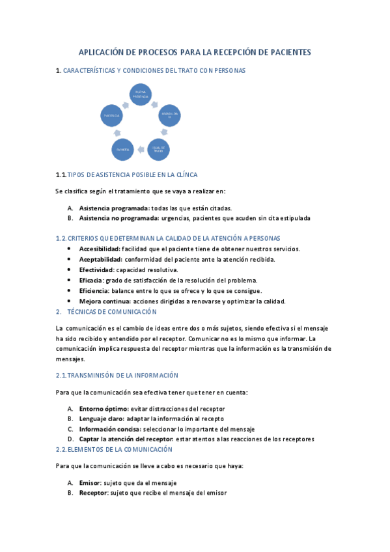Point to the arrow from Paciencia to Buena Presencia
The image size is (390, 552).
[121, 100]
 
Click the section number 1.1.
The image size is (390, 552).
[61, 175]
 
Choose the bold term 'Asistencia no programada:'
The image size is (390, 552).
[119, 218]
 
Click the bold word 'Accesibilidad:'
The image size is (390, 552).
[100, 249]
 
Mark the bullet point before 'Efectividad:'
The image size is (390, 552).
[70, 269]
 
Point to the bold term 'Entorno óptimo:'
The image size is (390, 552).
[104, 408]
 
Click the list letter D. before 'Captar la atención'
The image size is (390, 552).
[70, 439]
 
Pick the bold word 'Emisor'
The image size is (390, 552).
[90, 482]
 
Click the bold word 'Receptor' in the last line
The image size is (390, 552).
[92, 493]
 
